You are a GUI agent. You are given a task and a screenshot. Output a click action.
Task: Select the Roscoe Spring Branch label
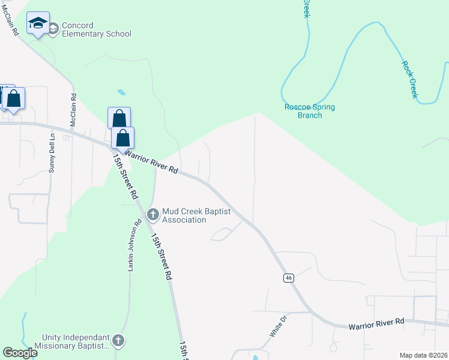point(310,111)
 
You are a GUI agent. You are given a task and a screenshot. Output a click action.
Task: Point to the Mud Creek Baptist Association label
point(184,215)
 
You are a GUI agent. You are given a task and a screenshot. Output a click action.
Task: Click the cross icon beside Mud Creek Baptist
point(152,214)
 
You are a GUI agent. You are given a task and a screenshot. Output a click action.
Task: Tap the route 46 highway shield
point(289,278)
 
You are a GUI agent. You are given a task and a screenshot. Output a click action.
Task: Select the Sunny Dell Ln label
point(52,153)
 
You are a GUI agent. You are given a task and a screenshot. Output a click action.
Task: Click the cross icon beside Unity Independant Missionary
point(118,341)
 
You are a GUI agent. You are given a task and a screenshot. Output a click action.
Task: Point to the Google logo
point(20,353)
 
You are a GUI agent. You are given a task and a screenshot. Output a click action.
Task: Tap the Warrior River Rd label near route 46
point(377,323)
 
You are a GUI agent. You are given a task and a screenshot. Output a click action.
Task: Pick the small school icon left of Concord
point(53,28)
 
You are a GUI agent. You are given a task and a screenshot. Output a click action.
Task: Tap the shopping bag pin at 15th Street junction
point(123,139)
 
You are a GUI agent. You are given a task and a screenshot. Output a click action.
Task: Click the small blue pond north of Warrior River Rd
point(122,92)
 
